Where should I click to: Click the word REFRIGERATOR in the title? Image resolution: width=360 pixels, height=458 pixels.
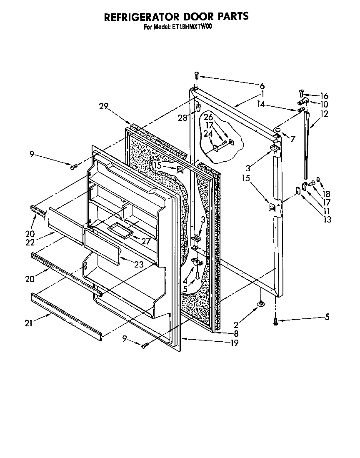click(139, 17)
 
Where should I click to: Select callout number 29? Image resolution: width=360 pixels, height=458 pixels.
click(104, 107)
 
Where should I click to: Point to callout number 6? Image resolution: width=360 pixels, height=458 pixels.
click(262, 86)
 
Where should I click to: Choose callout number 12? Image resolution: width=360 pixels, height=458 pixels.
click(325, 113)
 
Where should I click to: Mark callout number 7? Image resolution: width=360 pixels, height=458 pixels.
click(293, 139)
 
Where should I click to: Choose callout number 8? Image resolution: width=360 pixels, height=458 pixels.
click(236, 333)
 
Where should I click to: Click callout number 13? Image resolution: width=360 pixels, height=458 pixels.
click(327, 220)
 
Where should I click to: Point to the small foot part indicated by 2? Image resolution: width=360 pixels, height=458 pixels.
click(260, 304)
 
